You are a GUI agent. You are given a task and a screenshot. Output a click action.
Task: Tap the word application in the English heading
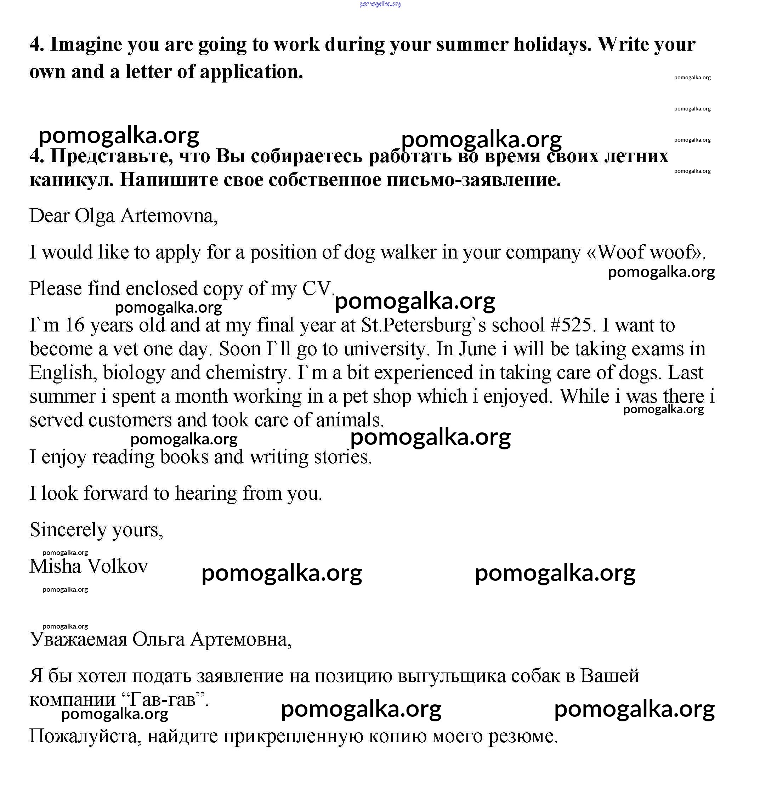(x=251, y=72)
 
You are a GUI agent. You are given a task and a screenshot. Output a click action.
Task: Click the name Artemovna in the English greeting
(x=169, y=216)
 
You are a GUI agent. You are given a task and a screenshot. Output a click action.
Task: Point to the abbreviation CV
(x=318, y=289)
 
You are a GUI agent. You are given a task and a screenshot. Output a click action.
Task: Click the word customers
(x=130, y=420)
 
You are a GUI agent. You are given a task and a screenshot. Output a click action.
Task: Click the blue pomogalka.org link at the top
(x=380, y=4)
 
